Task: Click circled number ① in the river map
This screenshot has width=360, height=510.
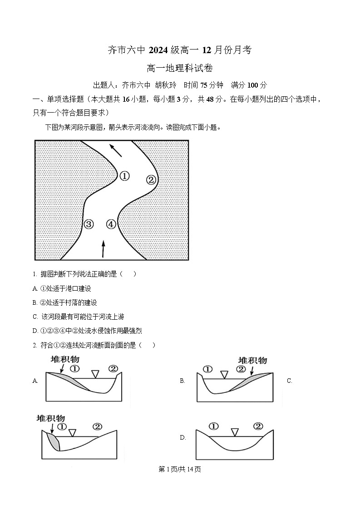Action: point(124,176)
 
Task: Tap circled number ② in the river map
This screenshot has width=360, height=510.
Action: point(151,180)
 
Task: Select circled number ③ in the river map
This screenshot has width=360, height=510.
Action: point(89,224)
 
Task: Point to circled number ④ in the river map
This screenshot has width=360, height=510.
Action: point(111,224)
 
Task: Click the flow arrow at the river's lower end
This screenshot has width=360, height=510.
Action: point(103,248)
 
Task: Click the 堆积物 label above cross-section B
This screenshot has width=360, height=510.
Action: point(253,360)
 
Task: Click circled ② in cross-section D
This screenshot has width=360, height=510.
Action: point(258,426)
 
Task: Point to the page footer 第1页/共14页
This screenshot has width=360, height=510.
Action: point(180,469)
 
